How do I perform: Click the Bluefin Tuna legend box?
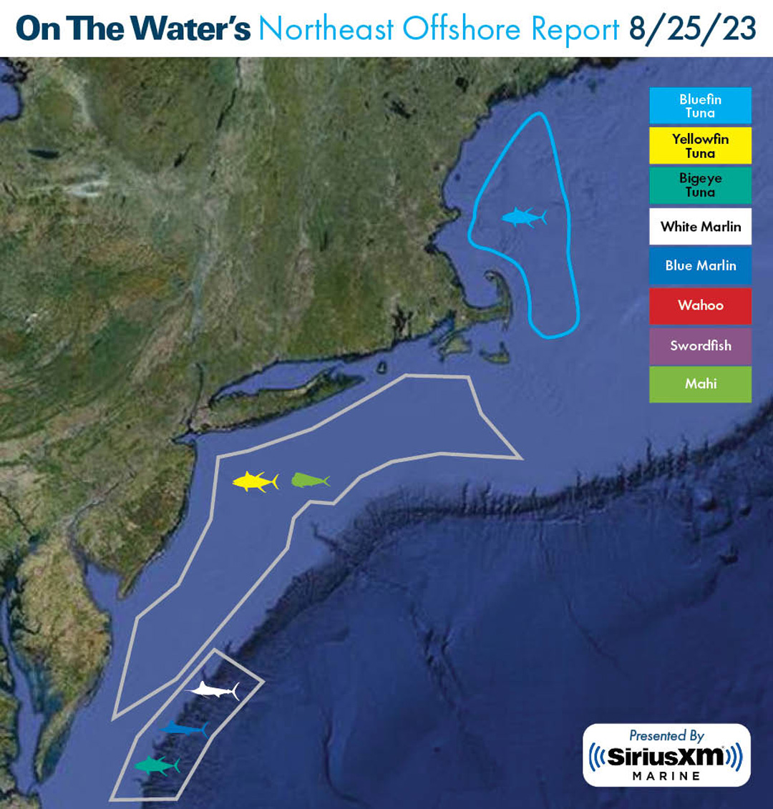tap(700, 106)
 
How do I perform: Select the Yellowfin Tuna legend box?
tap(700, 146)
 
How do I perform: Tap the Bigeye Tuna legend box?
tap(700, 185)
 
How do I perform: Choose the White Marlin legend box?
tap(700, 226)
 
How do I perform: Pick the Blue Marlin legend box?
tap(700, 265)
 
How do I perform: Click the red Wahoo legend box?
tap(700, 305)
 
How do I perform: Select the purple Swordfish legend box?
tap(700, 345)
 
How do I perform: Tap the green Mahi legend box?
tap(700, 384)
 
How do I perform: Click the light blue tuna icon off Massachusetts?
tap(524, 217)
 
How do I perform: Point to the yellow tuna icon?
tap(255, 481)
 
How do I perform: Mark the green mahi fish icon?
tap(310, 480)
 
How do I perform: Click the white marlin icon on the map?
tap(213, 690)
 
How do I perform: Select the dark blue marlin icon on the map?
tap(184, 729)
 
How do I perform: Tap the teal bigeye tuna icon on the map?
tap(157, 765)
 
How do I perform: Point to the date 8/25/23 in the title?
tap(692, 29)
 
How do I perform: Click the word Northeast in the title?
tap(326, 29)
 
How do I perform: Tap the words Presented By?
tap(666, 735)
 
